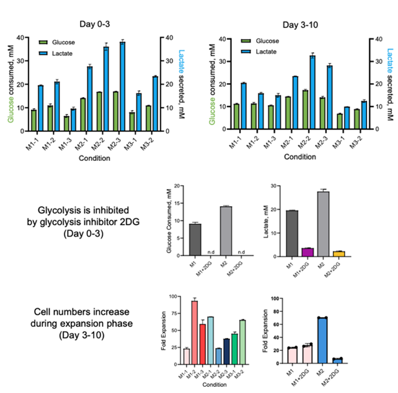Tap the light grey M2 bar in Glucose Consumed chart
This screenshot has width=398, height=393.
tap(226, 231)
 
